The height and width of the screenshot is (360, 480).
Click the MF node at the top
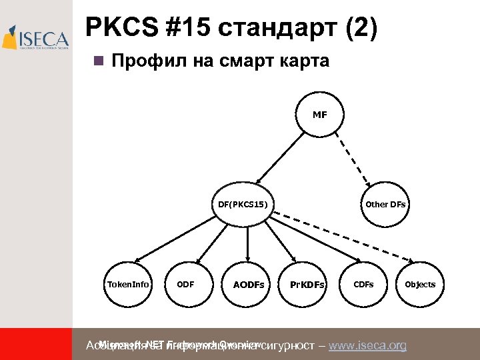tap(320, 115)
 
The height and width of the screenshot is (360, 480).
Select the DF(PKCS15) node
tap(243, 204)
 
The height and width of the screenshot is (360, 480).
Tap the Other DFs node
tap(385, 204)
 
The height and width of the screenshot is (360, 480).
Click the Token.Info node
tap(129, 284)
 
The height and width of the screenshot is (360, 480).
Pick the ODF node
tap(185, 284)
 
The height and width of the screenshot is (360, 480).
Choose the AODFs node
tap(248, 285)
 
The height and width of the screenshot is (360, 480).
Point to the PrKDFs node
tap(307, 285)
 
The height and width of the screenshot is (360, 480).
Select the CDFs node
tap(363, 284)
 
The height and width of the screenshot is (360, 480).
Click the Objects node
tap(420, 284)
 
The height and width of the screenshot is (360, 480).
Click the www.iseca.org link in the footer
tap(367, 345)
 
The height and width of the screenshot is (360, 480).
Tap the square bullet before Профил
tap(98, 61)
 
